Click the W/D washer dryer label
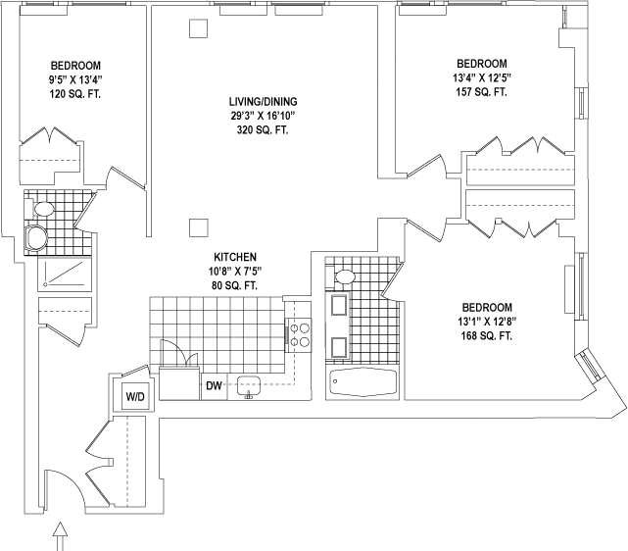pyautogui.click(x=132, y=396)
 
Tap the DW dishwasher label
pyautogui.click(x=214, y=386)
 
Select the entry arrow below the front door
pyautogui.click(x=62, y=534)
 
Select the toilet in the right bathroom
pyautogui.click(x=343, y=275)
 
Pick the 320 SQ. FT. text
pyautogui.click(x=258, y=129)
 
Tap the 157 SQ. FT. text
pyautogui.click(x=480, y=91)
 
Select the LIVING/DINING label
pyautogui.click(x=258, y=102)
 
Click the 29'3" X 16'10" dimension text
pyautogui.click(x=258, y=116)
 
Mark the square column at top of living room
pyautogui.click(x=197, y=28)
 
